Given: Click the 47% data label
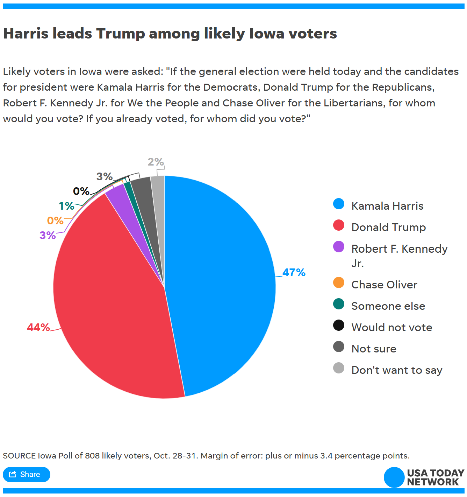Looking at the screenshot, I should (x=294, y=272).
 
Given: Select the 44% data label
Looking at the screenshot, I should (x=38, y=327).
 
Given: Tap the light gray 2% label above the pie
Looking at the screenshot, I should (x=156, y=162).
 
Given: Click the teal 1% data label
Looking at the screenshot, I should (x=66, y=206).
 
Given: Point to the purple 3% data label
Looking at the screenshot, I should (x=48, y=235).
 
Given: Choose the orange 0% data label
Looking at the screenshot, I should (x=55, y=220).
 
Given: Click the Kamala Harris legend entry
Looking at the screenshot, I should (x=387, y=206).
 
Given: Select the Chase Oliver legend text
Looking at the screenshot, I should (x=384, y=285).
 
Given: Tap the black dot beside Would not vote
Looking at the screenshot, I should (x=339, y=325).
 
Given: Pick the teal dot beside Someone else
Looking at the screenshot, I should (x=339, y=304).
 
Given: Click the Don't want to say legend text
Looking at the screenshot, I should (x=397, y=370).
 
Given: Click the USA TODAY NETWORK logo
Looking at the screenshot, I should (x=424, y=477).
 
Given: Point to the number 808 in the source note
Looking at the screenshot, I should (x=92, y=456).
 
